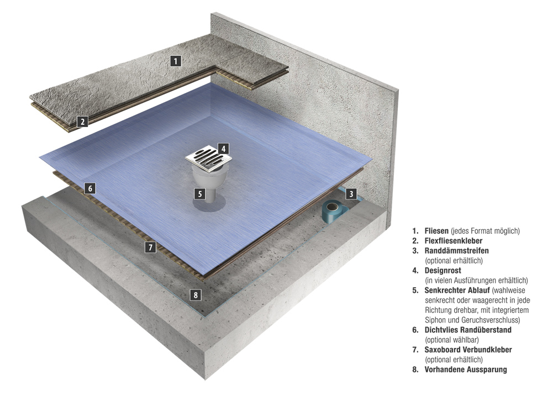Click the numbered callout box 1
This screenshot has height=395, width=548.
(176, 61)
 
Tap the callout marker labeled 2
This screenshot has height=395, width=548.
(82, 122)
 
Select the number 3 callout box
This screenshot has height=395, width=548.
(351, 194)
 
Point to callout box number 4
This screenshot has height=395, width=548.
(223, 149)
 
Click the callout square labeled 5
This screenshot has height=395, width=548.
(199, 193)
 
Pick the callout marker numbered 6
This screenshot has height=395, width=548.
(90, 189)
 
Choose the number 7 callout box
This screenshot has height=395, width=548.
(150, 247)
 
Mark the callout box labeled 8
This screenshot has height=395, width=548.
(196, 295)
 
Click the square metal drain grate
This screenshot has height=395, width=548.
(209, 159)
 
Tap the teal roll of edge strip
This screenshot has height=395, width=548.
(334, 212)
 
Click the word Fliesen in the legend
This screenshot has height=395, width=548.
(436, 231)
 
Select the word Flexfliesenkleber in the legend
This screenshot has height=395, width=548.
(454, 240)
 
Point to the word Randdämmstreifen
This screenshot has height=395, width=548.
(456, 251)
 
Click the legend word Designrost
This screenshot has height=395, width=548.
(443, 271)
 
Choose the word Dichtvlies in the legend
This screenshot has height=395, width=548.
(441, 330)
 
